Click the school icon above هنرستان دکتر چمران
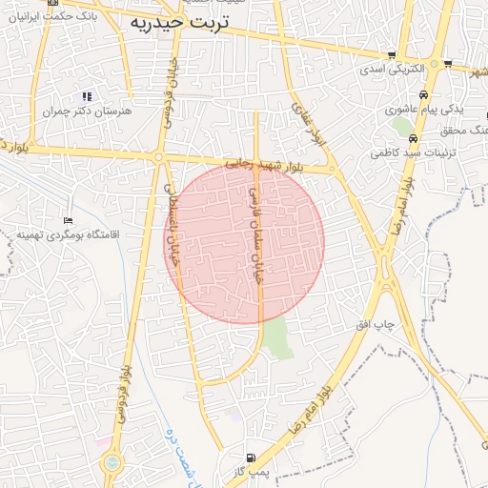(87, 96)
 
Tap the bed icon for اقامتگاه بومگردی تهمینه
(67, 220)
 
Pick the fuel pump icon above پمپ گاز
(251, 457)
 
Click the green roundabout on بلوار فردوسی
(113, 462)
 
